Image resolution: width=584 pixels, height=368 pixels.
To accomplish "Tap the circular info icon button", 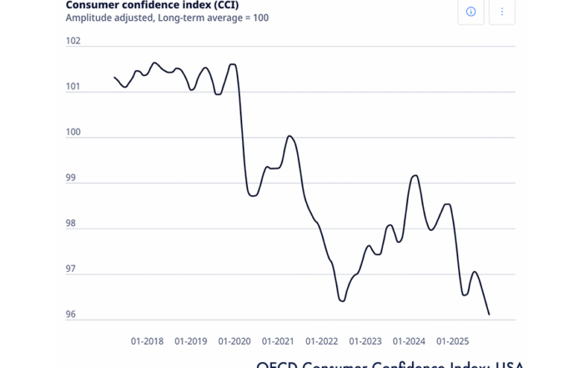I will [x=471, y=12].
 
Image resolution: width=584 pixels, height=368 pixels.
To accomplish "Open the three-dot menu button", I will [x=502, y=12].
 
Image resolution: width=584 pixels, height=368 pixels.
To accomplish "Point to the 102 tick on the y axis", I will [x=73, y=41].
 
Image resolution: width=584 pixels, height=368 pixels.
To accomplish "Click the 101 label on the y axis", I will [x=73, y=87].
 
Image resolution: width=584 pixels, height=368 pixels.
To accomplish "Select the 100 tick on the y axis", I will [x=73, y=133].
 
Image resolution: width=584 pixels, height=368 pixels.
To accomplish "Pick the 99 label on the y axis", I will [x=73, y=179].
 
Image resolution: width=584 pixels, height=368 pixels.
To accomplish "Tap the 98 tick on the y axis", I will [x=73, y=224].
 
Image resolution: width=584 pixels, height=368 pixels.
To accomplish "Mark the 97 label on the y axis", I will [x=73, y=270].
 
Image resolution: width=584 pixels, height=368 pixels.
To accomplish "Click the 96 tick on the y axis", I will [x=73, y=315].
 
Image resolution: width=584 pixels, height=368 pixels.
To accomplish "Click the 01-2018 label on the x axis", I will [x=148, y=340].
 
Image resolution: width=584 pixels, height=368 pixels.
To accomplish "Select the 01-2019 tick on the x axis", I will [x=191, y=340].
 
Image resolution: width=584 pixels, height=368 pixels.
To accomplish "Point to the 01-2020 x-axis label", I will [x=234, y=340].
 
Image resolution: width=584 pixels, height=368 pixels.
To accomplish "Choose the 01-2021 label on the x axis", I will [x=278, y=340].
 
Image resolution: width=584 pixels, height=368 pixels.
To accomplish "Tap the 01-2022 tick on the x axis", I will [x=321, y=340].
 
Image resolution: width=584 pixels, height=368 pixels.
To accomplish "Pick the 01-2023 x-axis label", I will [x=365, y=340].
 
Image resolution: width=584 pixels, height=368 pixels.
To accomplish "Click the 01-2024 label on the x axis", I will [x=409, y=340].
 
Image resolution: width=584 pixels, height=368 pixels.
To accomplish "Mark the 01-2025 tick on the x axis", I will [x=452, y=340].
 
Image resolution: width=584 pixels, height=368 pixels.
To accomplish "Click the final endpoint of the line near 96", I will [x=489, y=315].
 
